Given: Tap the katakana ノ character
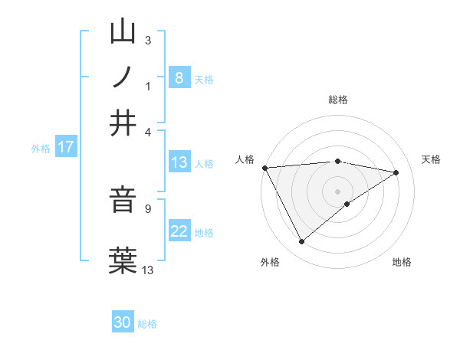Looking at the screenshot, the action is click(123, 77).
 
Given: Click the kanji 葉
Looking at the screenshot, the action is click(123, 258).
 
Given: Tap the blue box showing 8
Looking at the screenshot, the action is click(179, 77).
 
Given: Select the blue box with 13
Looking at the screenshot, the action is click(179, 162).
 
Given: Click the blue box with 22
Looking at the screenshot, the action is click(179, 232).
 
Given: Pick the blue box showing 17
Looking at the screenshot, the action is click(66, 147).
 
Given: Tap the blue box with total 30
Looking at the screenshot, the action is click(123, 322).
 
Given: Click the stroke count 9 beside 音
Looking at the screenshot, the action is click(148, 207).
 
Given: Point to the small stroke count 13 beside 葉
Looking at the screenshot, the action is click(148, 269).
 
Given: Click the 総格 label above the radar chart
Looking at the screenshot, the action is click(338, 100).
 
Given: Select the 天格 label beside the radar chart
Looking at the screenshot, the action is click(431, 159).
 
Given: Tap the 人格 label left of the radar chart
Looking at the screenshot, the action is click(245, 159).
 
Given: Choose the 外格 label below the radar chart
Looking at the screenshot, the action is click(270, 263).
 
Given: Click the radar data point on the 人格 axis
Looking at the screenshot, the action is click(264, 168).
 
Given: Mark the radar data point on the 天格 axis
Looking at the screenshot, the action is click(396, 172).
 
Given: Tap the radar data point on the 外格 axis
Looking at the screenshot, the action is click(301, 242).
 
